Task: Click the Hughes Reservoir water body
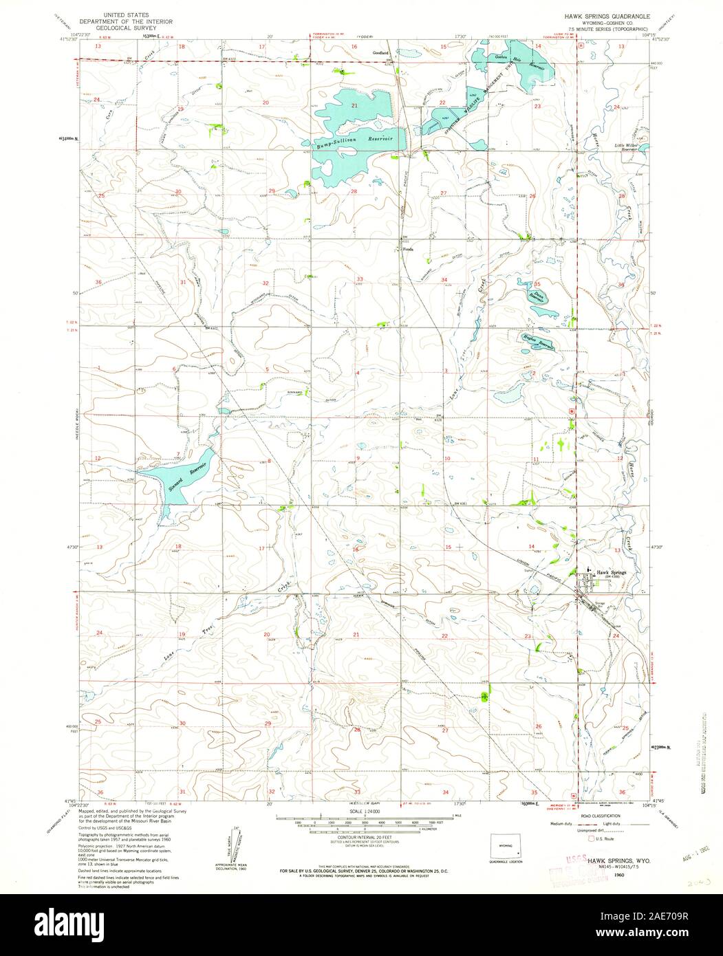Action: pos(537,345)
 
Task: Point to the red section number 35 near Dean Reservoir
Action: pos(537,283)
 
